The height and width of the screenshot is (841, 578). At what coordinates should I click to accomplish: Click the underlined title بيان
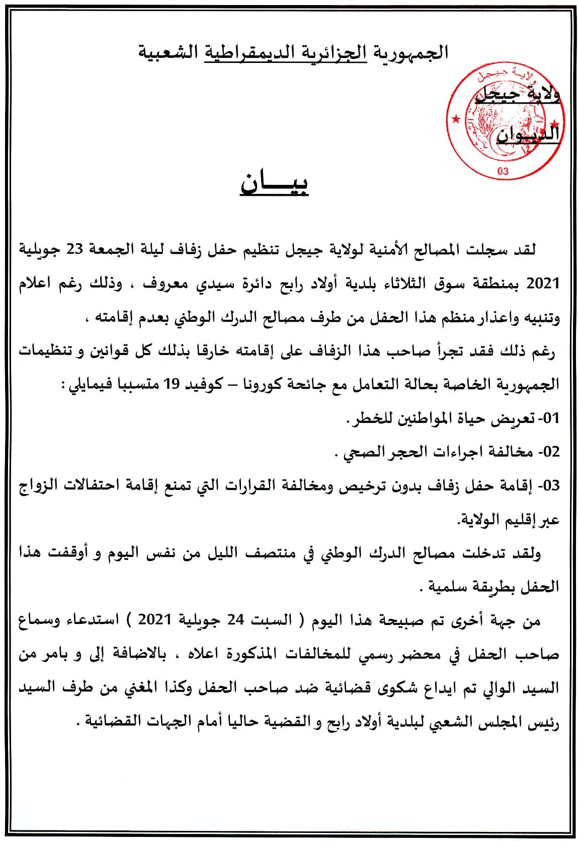click(274, 184)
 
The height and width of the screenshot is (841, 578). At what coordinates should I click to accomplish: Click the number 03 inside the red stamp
click(503, 171)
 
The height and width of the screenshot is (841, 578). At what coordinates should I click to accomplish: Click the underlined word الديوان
click(528, 134)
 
